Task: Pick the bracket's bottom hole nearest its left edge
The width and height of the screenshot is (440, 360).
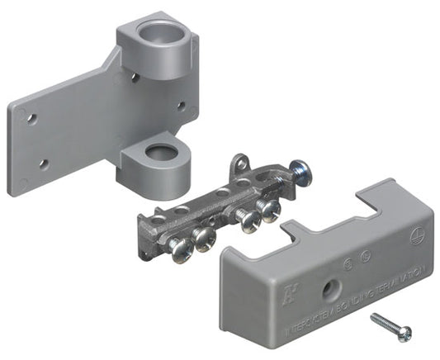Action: tap(43, 163)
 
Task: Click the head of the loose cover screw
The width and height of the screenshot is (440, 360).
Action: tap(404, 333)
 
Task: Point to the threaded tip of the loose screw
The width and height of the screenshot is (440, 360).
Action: tap(374, 317)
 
